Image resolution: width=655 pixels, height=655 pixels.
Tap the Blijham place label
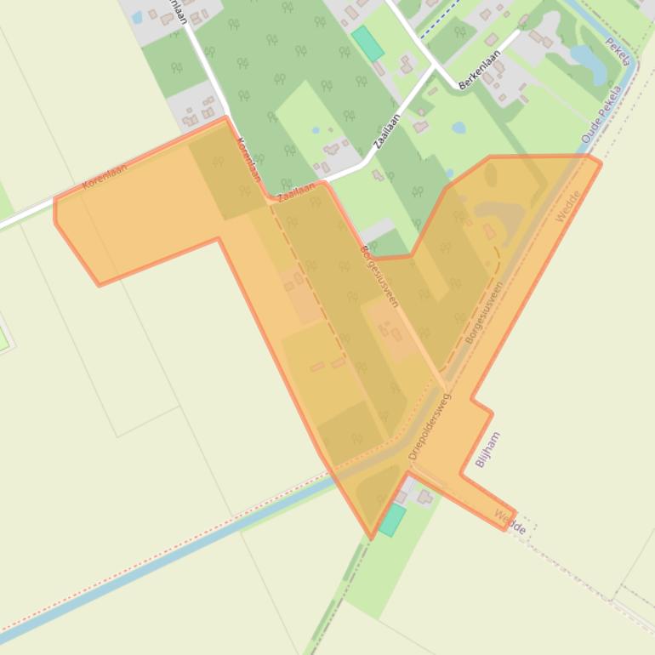[x=487, y=450]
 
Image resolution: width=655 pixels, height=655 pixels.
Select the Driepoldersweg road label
[x=430, y=427]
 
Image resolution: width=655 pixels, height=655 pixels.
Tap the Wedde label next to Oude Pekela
[x=567, y=207]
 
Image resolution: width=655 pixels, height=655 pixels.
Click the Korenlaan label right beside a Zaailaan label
[x=248, y=160]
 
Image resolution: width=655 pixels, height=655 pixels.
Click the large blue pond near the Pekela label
[x=584, y=59]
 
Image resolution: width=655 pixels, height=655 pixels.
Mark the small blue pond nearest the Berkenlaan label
[x=459, y=128]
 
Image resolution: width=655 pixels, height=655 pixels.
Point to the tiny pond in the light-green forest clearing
[x=316, y=131]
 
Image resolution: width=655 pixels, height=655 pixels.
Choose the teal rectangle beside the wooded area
[x=368, y=43]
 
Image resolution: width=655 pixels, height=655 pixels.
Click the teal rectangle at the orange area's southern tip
[x=392, y=520]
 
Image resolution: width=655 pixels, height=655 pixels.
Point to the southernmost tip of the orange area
[x=371, y=538]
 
